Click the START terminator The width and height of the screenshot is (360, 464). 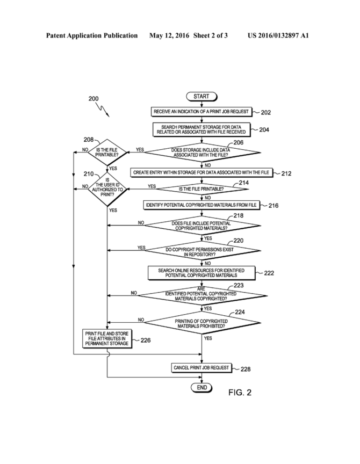[201, 97]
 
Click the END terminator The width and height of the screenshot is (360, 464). [201, 388]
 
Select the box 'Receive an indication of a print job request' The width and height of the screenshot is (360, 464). [201, 112]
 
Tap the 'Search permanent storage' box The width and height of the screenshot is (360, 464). [201, 129]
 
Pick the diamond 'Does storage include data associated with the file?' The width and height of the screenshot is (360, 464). [202, 153]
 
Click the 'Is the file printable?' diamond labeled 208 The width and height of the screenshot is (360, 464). [107, 153]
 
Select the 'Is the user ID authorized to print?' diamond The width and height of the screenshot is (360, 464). [107, 190]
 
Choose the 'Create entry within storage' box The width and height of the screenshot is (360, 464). [201, 172]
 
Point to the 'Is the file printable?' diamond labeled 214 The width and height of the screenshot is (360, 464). [201, 189]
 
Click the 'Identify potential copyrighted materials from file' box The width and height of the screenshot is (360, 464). [201, 205]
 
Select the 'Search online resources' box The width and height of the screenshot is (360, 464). [201, 273]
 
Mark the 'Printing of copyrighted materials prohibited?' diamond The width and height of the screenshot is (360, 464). [201, 323]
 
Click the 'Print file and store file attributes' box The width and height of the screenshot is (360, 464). [107, 338]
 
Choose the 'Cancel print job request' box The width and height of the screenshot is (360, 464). [201, 368]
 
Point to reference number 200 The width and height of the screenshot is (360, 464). [93, 99]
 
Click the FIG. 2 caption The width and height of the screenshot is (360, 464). [240, 393]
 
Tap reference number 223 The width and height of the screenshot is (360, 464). [239, 285]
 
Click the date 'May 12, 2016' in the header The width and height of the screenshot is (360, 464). [169, 36]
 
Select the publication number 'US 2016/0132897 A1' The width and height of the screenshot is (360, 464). [278, 36]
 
